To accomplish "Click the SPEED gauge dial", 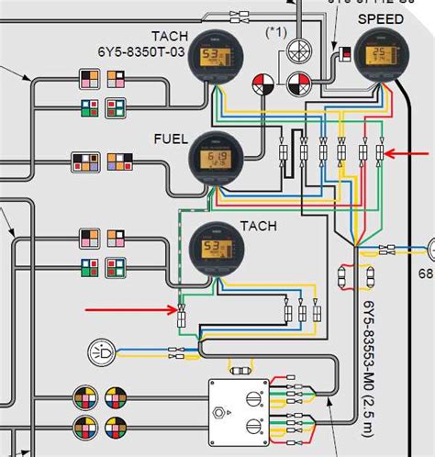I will click(379, 57).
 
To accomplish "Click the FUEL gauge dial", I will click(215, 162).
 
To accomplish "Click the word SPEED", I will click(380, 18).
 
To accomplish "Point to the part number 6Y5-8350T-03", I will click(148, 51).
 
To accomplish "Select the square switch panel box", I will click(237, 410).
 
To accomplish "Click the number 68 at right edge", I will click(426, 274).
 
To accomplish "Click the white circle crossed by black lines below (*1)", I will click(299, 50).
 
